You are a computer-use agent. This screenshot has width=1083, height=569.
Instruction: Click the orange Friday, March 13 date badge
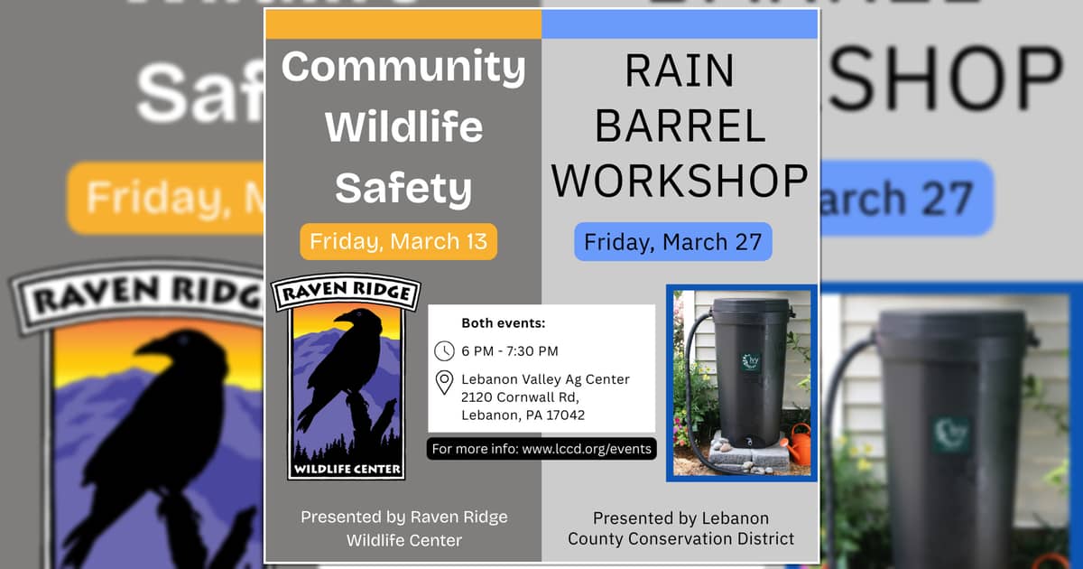point(398,242)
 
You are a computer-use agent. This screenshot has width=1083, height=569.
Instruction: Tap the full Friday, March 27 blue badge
point(673,242)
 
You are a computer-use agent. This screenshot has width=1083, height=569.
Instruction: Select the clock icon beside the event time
point(444,350)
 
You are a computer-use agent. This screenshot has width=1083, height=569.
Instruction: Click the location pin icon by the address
point(444,382)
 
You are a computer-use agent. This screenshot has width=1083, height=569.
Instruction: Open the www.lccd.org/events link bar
point(541,449)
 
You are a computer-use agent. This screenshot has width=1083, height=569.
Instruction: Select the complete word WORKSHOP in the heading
point(680,181)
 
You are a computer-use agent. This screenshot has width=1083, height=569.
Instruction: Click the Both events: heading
point(504,323)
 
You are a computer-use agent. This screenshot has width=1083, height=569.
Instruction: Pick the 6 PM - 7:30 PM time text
point(510,350)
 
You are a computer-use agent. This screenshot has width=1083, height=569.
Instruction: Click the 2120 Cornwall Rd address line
point(519,397)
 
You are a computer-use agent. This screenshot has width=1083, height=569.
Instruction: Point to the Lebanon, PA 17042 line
point(523,415)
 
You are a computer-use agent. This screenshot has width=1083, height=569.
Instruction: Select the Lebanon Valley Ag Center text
point(545,379)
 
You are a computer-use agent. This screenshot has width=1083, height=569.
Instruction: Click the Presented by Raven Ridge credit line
point(403,518)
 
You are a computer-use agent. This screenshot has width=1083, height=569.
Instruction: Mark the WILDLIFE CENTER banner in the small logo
point(347,470)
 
